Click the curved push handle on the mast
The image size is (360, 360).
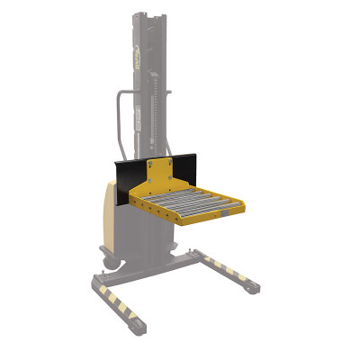click(x=119, y=117)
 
